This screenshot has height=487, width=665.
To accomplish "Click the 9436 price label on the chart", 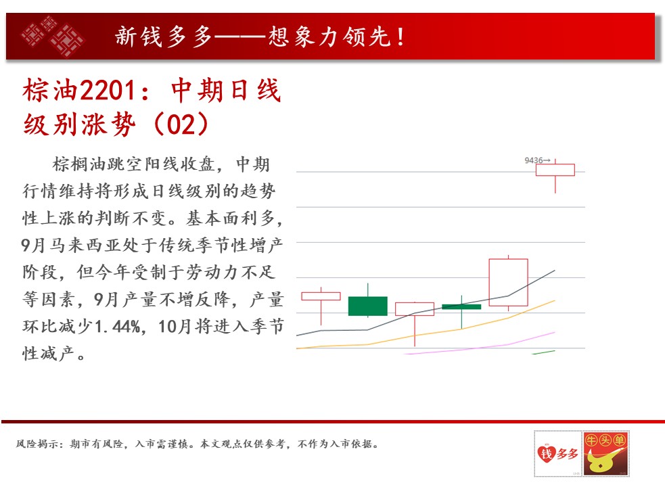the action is (x=534, y=160).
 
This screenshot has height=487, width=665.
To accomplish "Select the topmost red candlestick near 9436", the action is (x=555, y=170).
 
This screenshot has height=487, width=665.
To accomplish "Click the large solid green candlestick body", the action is (x=368, y=306).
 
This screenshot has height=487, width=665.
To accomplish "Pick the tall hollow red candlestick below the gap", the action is (x=508, y=282).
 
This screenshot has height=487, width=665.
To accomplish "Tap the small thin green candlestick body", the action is (x=461, y=306).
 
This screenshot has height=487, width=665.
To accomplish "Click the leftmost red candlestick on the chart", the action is (x=321, y=296).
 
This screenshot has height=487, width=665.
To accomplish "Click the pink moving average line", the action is (x=479, y=348).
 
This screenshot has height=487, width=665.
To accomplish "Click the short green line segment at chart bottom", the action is (x=544, y=352).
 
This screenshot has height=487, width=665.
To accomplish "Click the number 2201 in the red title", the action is (x=108, y=91).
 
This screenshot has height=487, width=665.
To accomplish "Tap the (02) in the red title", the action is (x=181, y=124).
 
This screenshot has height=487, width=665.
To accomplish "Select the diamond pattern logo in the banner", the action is (x=52, y=36).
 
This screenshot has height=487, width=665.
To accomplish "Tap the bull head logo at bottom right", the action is (x=605, y=453).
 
